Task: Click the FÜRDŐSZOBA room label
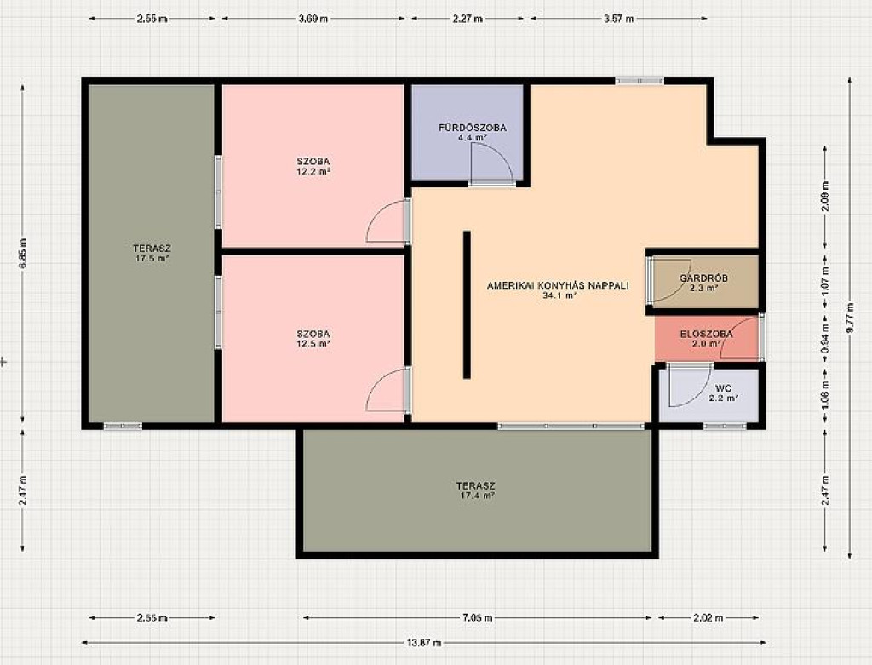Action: click(x=472, y=128)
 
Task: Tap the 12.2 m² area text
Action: click(x=313, y=172)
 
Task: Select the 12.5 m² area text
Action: click(x=313, y=344)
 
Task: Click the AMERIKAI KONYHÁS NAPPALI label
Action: click(x=558, y=286)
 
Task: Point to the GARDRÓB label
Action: click(x=703, y=278)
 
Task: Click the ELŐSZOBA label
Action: click(x=706, y=334)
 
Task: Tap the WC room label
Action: click(x=724, y=388)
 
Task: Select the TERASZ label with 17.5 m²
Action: click(x=152, y=249)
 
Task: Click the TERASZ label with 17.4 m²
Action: click(x=475, y=486)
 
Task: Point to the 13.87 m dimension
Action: click(x=424, y=643)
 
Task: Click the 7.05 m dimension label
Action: click(x=477, y=617)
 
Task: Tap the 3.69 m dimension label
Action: click(x=313, y=19)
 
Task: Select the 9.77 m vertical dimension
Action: click(x=850, y=318)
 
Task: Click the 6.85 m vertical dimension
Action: click(x=23, y=254)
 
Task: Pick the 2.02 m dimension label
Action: click(x=708, y=617)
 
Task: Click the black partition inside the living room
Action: click(x=468, y=306)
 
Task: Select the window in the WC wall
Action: click(x=725, y=427)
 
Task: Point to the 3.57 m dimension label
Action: click(x=619, y=19)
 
